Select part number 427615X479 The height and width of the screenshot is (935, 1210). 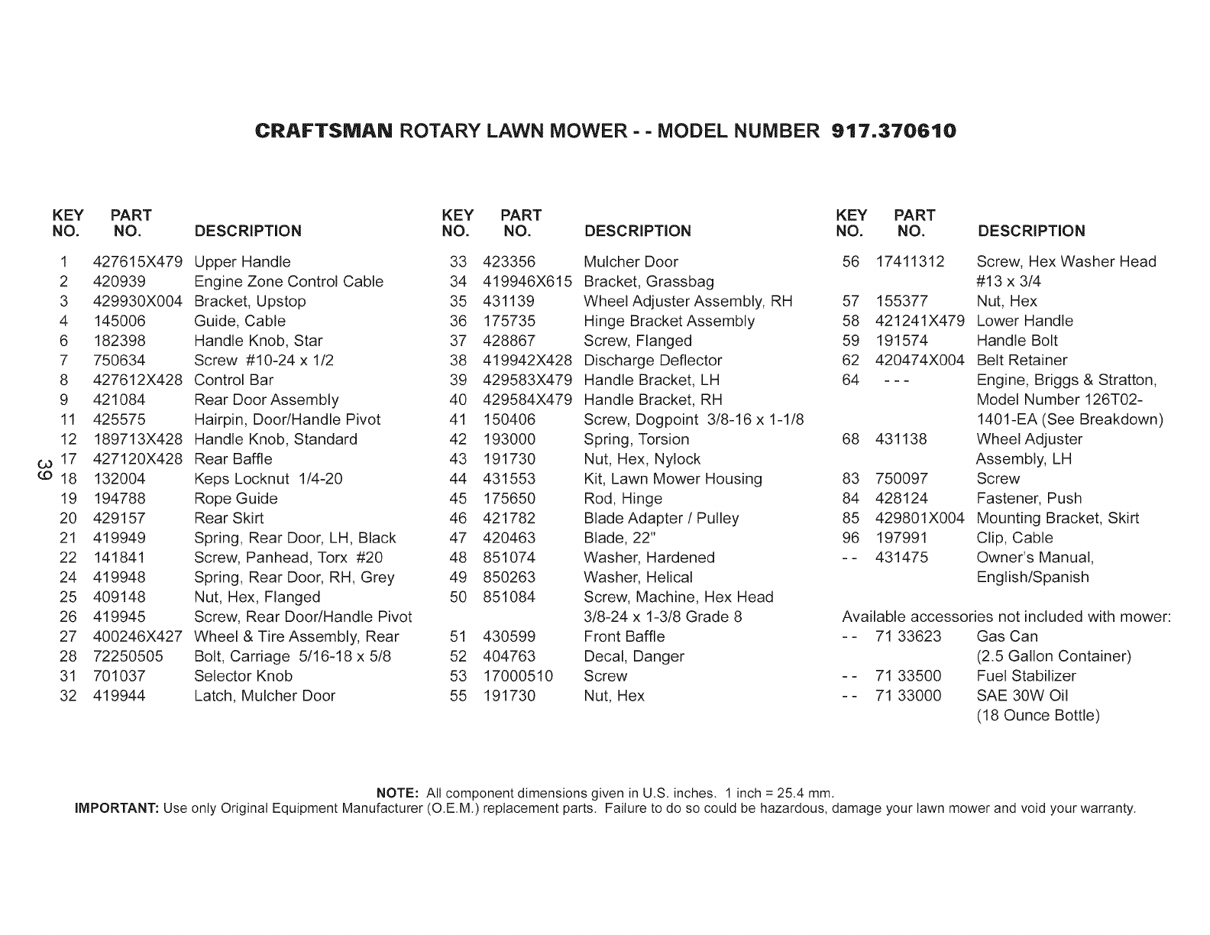pos(137,262)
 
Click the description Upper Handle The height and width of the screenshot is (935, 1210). pos(242,262)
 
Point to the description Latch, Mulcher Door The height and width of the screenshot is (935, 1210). pos(264,696)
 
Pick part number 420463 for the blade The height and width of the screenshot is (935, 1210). pos(509,538)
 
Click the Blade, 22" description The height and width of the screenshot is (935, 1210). pos(620,538)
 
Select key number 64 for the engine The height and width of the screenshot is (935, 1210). pos(850,380)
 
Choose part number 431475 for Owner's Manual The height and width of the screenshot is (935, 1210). pos(901,558)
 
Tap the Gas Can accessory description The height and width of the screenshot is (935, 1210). pos(1007,636)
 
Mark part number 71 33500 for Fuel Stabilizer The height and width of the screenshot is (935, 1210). pos(908,676)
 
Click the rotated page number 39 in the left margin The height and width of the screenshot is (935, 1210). pos(44,469)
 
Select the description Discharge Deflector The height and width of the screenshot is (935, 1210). pos(652,361)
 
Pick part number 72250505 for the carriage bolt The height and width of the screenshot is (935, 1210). pos(128,656)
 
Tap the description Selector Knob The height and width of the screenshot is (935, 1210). pos(243,676)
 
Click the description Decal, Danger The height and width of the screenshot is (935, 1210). pos(633,656)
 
